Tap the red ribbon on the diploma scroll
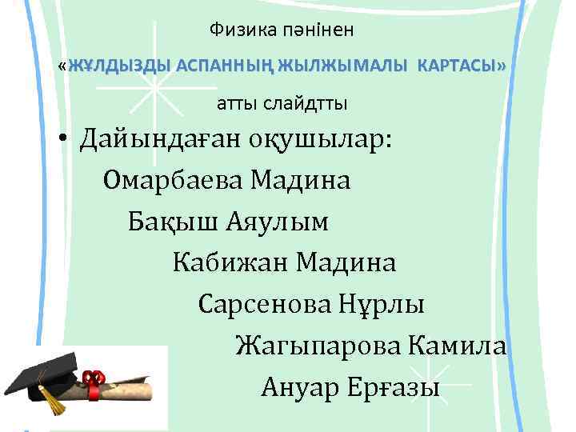coord(94,381)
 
